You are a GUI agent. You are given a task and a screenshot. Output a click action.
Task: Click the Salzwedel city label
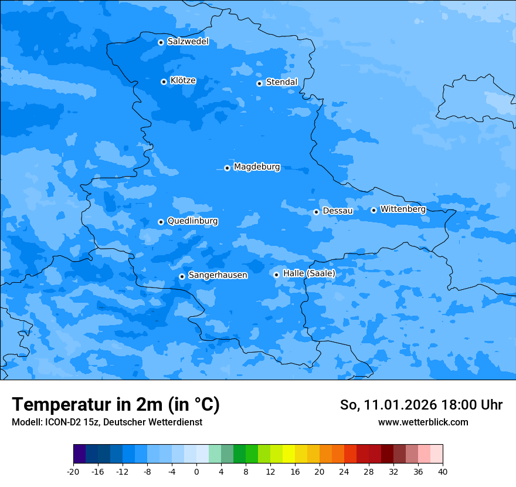tap(188, 42)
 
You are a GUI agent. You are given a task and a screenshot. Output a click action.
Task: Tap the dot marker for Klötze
tap(164, 82)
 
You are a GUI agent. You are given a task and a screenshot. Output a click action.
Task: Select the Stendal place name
tap(281, 82)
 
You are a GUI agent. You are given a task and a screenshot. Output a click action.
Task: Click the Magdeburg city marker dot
tap(227, 168)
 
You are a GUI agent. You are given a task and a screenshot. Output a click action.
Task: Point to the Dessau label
tap(338, 211)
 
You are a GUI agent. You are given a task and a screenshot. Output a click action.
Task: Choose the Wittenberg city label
tap(403, 209)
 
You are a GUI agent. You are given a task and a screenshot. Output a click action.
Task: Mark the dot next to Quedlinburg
tap(161, 222)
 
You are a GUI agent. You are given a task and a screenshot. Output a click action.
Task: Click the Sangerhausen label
tap(218, 275)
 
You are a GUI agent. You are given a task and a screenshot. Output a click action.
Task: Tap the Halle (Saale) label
tap(309, 273)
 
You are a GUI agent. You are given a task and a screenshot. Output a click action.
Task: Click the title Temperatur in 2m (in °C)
tap(116, 404)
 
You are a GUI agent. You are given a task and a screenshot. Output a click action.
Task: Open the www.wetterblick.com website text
tap(423, 422)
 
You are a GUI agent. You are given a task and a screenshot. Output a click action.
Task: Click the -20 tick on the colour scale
tap(73, 471)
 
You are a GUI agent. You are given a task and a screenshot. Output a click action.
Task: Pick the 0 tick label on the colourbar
tap(196, 471)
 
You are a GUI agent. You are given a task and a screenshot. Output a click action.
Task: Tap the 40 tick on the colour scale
tap(442, 471)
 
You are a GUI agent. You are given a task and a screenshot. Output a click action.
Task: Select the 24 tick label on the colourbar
tap(344, 471)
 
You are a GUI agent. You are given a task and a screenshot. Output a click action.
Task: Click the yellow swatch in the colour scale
tap(288, 454)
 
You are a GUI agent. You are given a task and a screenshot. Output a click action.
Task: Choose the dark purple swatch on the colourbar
tap(80, 454)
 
